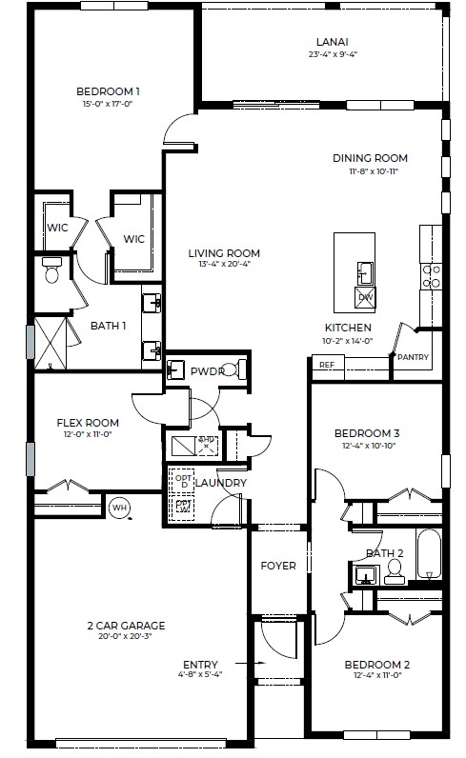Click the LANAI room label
(x=332, y=41)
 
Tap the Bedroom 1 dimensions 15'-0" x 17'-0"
(x=108, y=105)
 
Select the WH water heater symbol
(x=119, y=508)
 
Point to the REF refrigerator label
(x=326, y=365)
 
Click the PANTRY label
(x=414, y=358)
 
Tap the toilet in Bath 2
(x=394, y=569)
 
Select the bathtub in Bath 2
(x=429, y=555)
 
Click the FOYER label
(x=278, y=566)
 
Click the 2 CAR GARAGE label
(x=126, y=626)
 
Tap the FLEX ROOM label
(x=87, y=423)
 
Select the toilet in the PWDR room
(x=242, y=369)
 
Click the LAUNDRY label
(x=221, y=484)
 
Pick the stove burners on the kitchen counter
(x=432, y=275)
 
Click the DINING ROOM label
(x=370, y=158)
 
